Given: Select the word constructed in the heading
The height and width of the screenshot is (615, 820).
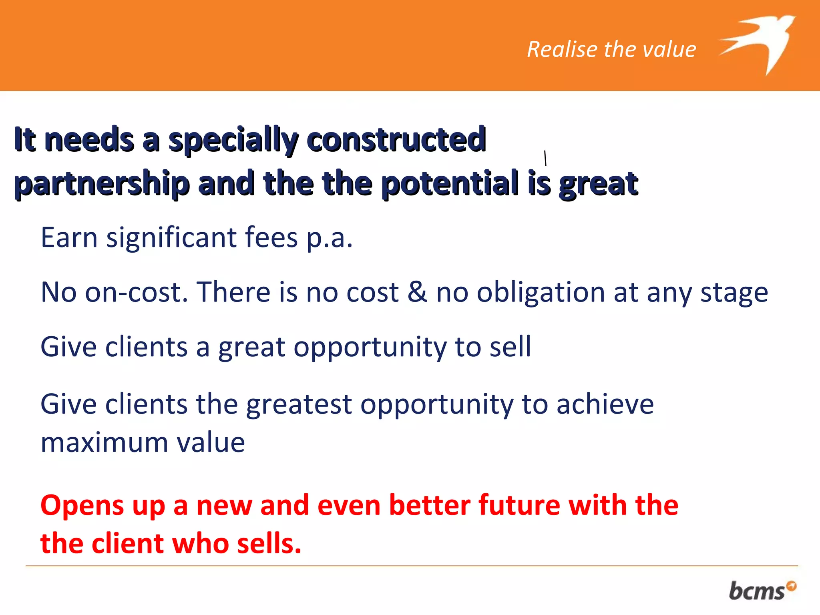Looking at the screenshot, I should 396,140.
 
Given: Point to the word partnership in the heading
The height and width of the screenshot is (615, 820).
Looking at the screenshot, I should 102,184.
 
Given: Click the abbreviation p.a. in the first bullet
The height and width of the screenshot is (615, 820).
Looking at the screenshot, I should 330,238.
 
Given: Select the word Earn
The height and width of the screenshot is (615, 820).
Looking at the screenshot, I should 69,238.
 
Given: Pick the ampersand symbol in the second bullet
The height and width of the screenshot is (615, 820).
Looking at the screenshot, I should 417,292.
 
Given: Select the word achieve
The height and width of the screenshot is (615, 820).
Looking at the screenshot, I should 605,404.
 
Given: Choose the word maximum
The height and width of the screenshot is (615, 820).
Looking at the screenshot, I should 104,443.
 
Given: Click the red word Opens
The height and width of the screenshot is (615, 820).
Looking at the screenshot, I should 82,506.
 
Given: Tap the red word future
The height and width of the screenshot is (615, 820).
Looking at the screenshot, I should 518,505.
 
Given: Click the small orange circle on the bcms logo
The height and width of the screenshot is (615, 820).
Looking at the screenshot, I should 791,586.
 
